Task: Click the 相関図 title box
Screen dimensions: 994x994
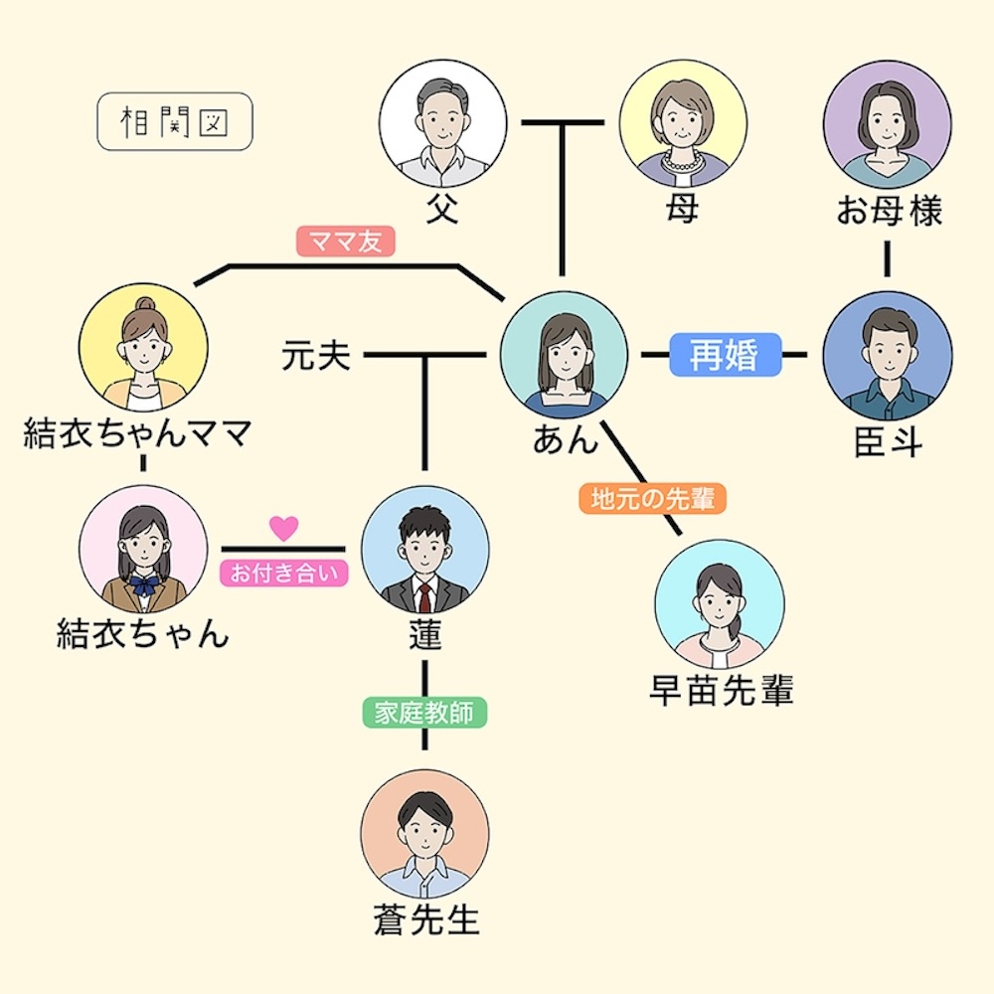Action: tap(175, 121)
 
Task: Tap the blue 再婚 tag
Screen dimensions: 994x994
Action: tap(726, 355)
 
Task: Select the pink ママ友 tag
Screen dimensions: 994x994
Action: tap(346, 241)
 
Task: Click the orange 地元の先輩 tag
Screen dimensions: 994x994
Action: tap(652, 499)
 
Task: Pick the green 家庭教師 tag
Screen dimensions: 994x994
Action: tap(424, 713)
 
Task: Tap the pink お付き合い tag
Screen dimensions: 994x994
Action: tap(284, 574)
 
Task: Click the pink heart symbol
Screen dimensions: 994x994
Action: tap(283, 528)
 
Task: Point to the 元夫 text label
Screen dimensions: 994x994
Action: tap(316, 355)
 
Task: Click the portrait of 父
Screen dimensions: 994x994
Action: tap(442, 123)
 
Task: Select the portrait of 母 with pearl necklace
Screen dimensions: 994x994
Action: tap(683, 123)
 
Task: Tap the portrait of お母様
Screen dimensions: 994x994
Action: tap(887, 124)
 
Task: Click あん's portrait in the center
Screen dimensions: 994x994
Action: tap(564, 355)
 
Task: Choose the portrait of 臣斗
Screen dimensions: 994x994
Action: tap(887, 355)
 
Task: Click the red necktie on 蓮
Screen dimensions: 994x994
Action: tap(424, 597)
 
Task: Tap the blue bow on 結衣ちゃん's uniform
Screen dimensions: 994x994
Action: tap(143, 585)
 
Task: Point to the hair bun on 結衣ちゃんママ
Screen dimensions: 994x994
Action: tap(144, 304)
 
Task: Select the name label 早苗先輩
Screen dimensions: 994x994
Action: tap(722, 690)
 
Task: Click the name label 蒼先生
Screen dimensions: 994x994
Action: tap(426, 919)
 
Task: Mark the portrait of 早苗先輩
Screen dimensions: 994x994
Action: tap(720, 604)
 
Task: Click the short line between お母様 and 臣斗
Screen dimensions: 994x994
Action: tap(887, 258)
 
